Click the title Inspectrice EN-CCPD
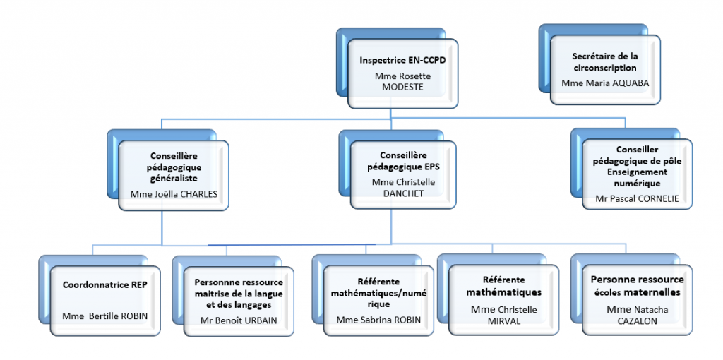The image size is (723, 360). (x=402, y=61)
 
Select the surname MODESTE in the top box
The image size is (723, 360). (x=402, y=87)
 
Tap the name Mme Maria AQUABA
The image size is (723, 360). (x=605, y=83)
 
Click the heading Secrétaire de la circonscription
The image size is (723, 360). (x=605, y=62)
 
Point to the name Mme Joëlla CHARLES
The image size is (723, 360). (x=175, y=193)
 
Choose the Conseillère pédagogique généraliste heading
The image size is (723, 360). (x=175, y=167)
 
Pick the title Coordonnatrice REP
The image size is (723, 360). (x=104, y=286)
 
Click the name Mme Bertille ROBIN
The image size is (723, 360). (x=105, y=316)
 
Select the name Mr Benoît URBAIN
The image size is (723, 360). (x=239, y=320)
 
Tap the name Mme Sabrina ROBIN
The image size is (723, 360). (x=378, y=320)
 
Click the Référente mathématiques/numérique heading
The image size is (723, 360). (x=378, y=292)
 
